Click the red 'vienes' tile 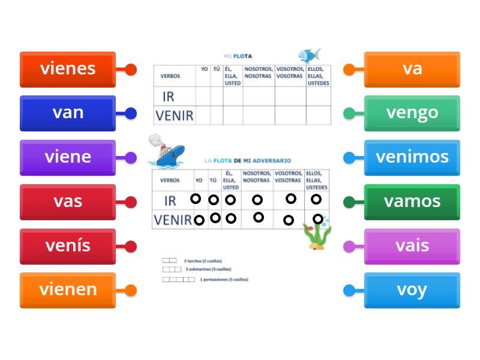tap(68, 69)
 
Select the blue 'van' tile tap(68, 113)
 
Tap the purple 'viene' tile tap(68, 158)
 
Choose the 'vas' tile tap(68, 202)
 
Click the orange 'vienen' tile tap(68, 290)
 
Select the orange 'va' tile tap(412, 69)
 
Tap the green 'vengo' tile tap(412, 113)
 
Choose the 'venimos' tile tap(412, 158)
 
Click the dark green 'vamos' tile tap(412, 202)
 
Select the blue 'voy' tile tap(412, 290)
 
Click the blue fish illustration tap(309, 56)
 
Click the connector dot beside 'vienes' tap(131, 70)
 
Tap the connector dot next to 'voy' tap(349, 291)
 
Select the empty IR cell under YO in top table tap(203, 96)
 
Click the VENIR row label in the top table tap(174, 115)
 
